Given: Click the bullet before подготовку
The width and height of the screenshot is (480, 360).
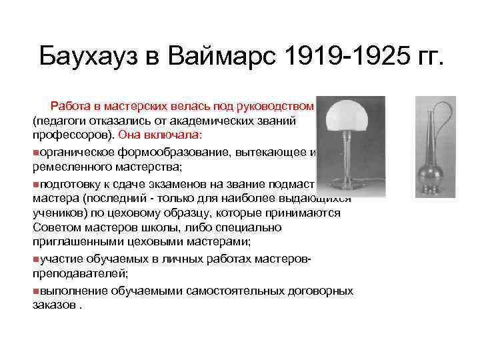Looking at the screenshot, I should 35,185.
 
